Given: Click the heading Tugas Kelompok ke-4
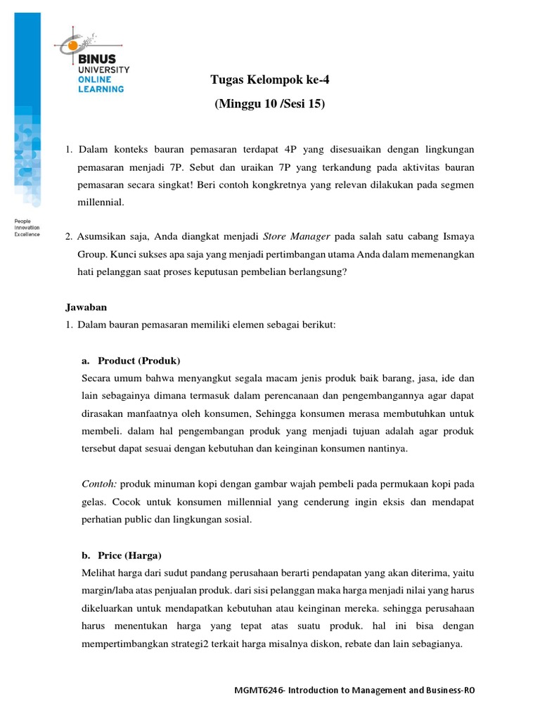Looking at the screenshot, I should (270, 80).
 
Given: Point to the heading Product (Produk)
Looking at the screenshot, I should (139, 361).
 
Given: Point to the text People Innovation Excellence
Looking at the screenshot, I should (27, 227).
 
